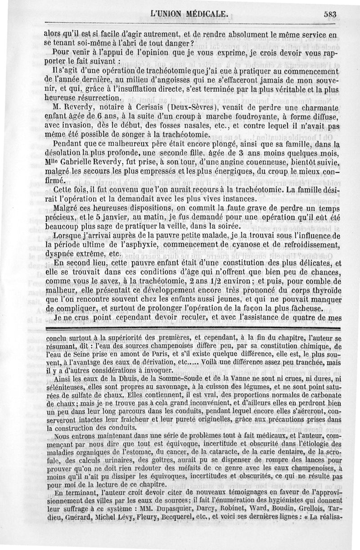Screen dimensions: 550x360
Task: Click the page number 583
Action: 330,13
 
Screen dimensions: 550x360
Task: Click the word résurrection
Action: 96,98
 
